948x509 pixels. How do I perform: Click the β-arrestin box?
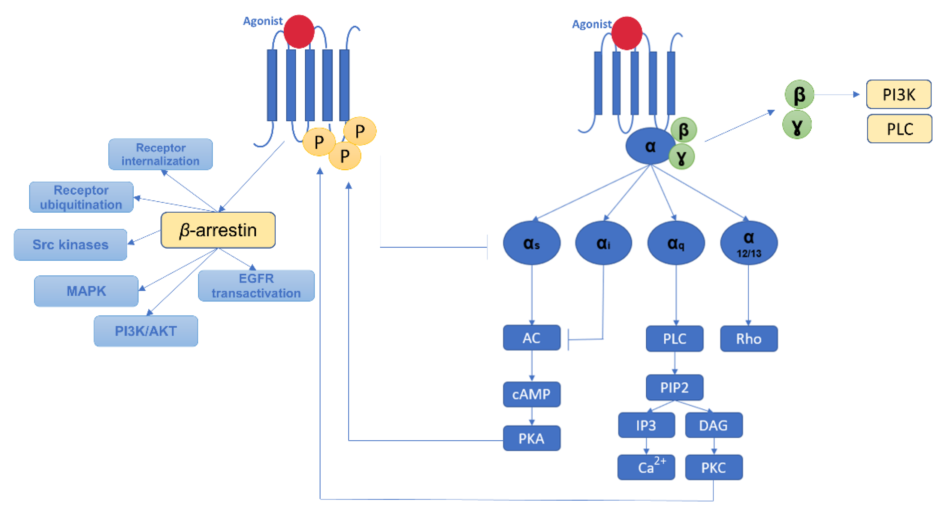tap(218, 230)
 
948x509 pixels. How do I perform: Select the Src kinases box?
tap(70, 245)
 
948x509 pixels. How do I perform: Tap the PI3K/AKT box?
tap(146, 331)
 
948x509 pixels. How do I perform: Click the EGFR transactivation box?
tap(256, 286)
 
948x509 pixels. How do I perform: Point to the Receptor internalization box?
tap(161, 154)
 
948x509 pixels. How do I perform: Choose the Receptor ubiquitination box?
tap(81, 197)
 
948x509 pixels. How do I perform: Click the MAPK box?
tap(86, 291)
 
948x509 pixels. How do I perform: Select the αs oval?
tap(531, 243)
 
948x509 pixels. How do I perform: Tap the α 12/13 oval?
tap(749, 243)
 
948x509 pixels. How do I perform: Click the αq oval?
tap(676, 243)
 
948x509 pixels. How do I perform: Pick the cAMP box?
tap(531, 394)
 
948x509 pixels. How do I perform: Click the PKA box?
tap(531, 438)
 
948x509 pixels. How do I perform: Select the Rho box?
tap(749, 339)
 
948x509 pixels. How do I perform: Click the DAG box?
tap(714, 426)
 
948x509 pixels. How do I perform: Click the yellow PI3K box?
tap(899, 95)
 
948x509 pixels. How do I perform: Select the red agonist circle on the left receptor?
tap(299, 32)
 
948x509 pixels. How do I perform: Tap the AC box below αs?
tap(531, 338)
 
